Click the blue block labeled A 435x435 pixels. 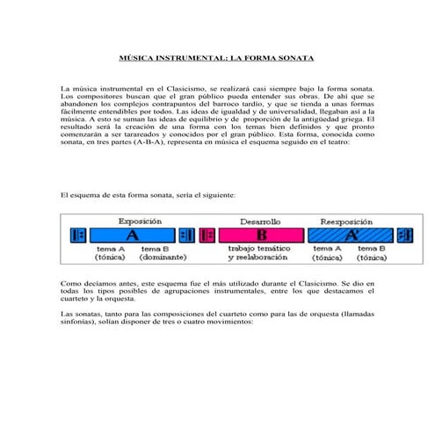(x=132, y=236)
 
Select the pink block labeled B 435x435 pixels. (x=261, y=236)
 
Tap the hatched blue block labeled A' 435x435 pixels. (x=351, y=236)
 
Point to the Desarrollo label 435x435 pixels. (x=260, y=221)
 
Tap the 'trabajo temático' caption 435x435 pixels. (x=260, y=250)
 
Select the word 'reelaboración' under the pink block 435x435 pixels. (x=260, y=259)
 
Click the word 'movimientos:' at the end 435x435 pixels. (x=227, y=321)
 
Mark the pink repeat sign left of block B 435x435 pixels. (x=207, y=236)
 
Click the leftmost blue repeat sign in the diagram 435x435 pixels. (x=78, y=236)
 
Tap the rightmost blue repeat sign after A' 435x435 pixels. (x=403, y=236)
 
